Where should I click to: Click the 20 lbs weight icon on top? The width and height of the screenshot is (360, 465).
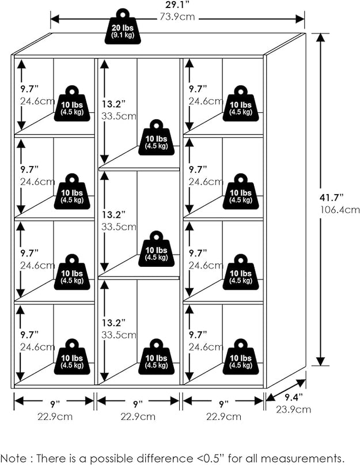(x=123, y=27)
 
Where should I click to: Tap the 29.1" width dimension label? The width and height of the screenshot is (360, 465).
(x=177, y=5)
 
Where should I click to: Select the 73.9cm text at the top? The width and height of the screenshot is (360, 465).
(x=177, y=17)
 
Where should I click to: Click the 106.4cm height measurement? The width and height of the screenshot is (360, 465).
(x=340, y=210)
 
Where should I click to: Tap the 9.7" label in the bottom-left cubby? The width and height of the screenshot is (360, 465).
(x=28, y=334)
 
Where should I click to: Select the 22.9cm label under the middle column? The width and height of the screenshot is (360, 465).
(x=138, y=416)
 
